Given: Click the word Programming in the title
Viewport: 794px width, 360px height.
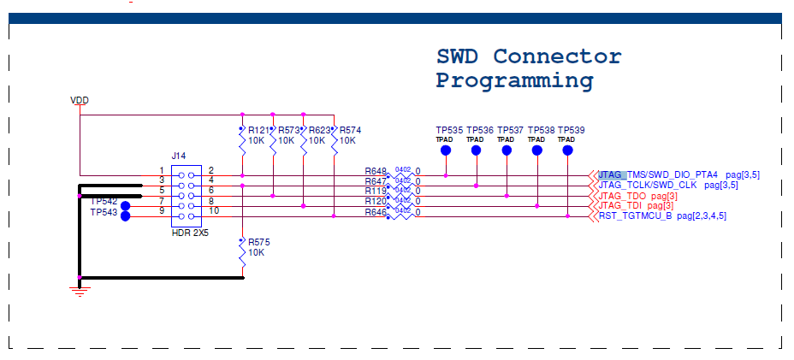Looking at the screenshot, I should pos(514,81).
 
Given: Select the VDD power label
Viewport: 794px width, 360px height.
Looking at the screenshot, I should pos(79,101).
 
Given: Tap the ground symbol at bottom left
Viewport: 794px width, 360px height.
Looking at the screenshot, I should pos(80,292).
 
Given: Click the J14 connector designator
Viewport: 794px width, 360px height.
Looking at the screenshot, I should pos(178,156).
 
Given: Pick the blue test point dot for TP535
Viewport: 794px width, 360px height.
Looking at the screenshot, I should pos(446,150).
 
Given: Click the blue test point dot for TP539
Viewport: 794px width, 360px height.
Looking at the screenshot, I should pos(567,150).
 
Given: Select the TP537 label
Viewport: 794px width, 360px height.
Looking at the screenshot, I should pos(510,130).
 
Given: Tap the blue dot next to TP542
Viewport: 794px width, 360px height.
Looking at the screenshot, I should pos(126,205).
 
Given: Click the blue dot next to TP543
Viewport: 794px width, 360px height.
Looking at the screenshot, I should pos(126,215).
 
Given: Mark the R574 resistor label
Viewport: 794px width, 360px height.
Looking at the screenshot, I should pos(350,131).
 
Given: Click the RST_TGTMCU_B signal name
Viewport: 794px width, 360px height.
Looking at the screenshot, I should pos(634,215).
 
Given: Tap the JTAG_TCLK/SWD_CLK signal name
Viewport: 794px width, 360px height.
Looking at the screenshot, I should pos(648,185).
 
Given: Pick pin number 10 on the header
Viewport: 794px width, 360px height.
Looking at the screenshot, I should pos(213,210).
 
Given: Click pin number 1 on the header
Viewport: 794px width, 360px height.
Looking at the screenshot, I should pos(161,171).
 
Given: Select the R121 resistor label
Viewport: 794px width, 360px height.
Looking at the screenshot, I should pos(259,131).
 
